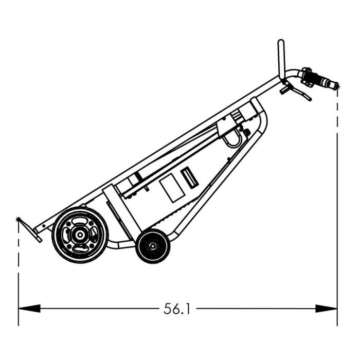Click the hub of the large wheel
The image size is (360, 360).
[x=80, y=235]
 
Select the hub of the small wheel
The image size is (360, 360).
[x=153, y=246]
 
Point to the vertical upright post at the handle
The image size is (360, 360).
[x=281, y=59]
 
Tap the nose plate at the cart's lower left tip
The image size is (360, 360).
[x=35, y=233]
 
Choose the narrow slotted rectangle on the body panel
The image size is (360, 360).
[x=189, y=178]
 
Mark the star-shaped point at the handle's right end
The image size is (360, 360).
[x=337, y=86]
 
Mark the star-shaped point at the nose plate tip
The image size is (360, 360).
[x=20, y=220]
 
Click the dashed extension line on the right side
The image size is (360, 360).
[x=337, y=206]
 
